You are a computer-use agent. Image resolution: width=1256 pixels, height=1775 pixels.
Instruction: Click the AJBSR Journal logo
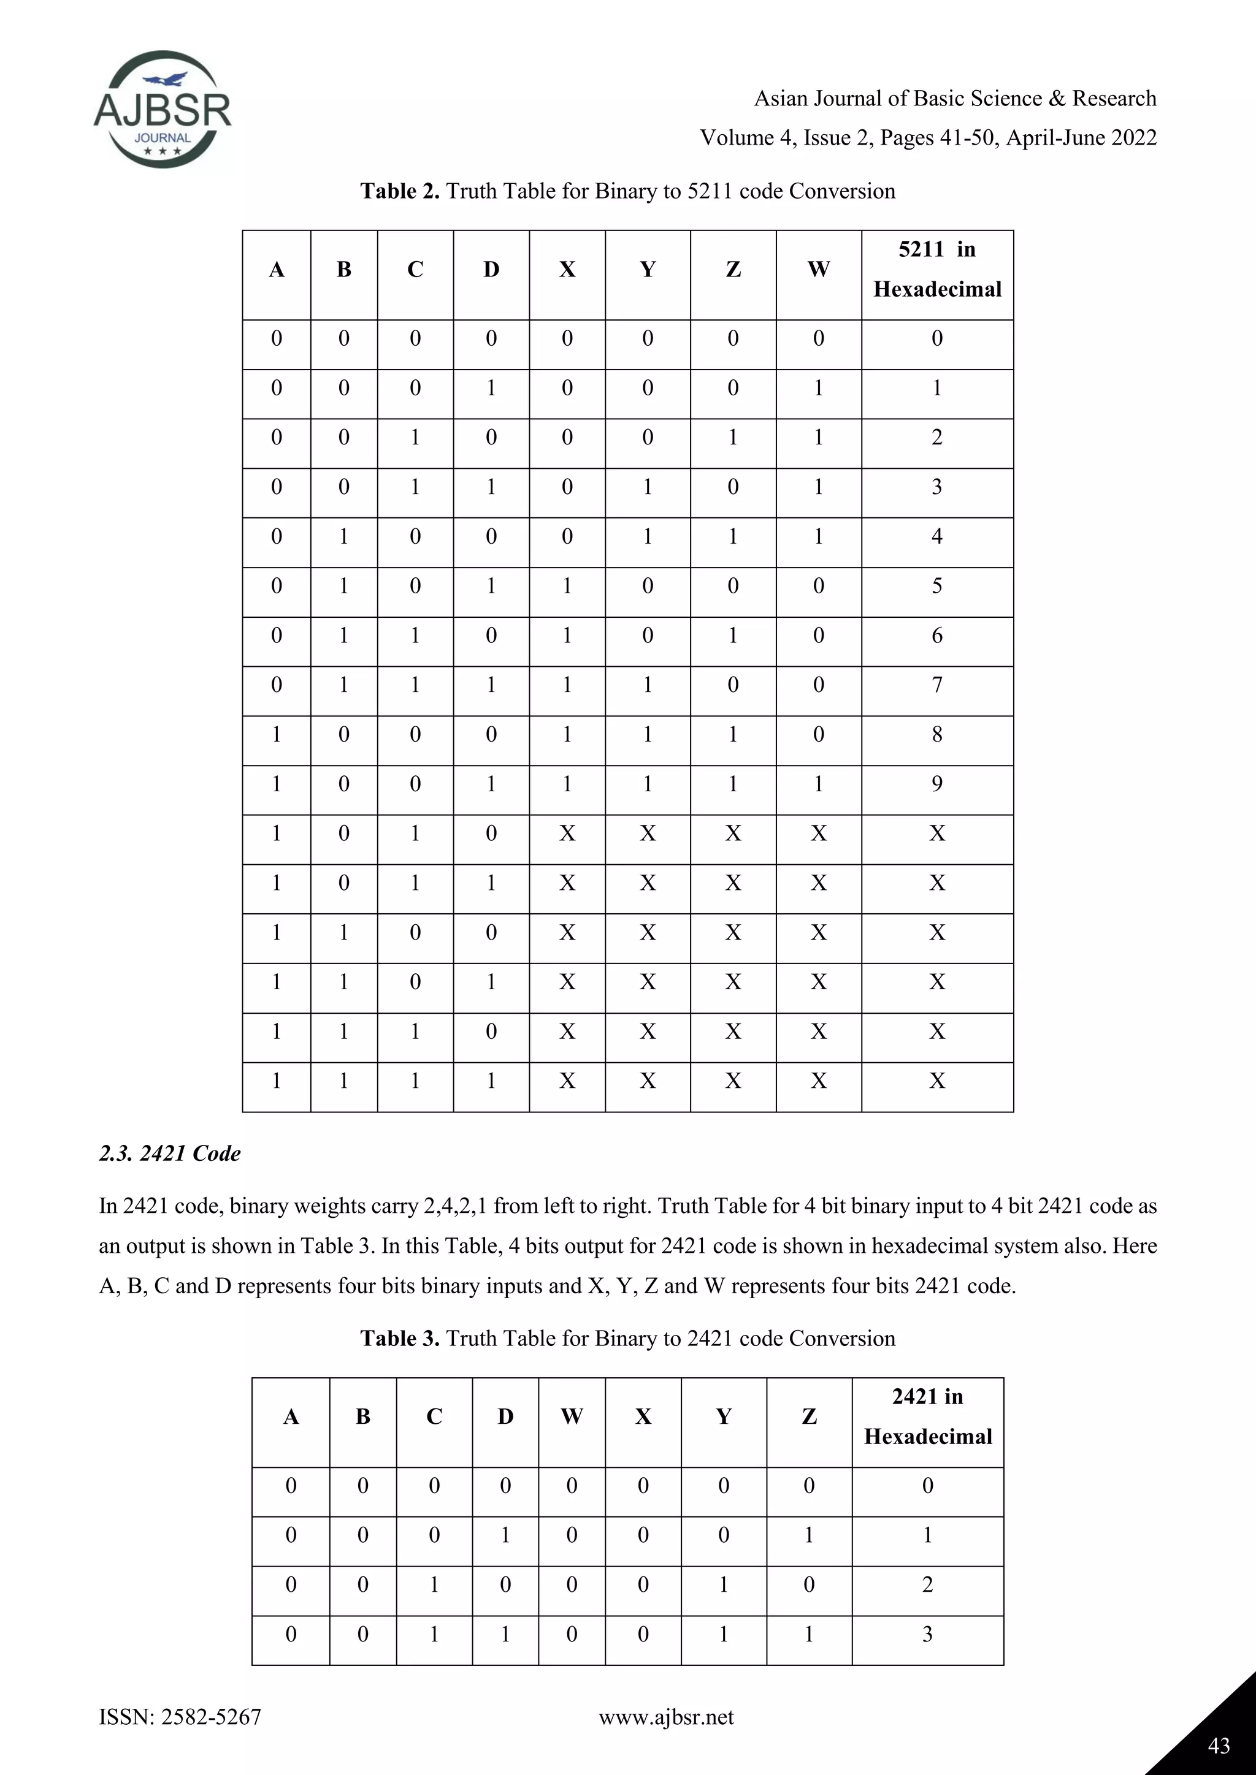tap(163, 110)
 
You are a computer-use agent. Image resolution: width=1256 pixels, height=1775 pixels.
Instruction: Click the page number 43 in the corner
tap(1218, 1745)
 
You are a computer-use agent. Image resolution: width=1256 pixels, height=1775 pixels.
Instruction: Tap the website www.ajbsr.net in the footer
tap(666, 1717)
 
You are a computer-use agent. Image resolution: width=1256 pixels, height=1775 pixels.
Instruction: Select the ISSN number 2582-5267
tap(210, 1717)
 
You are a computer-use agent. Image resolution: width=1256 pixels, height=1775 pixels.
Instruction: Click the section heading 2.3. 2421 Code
tap(169, 1154)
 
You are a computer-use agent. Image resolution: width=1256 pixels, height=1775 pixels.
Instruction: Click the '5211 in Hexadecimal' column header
tap(936, 269)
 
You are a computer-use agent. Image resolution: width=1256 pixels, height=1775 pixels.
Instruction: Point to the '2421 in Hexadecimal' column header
tap(927, 1416)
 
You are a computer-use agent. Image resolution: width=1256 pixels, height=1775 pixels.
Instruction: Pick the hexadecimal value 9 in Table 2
tap(936, 784)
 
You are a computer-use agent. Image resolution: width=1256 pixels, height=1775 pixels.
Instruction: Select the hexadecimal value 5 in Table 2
tap(936, 586)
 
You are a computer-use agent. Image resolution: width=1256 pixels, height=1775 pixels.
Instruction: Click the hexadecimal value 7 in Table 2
tap(936, 685)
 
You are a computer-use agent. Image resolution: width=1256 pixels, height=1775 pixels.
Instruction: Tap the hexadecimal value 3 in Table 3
tap(927, 1634)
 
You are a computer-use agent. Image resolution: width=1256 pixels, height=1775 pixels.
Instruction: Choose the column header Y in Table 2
tap(648, 269)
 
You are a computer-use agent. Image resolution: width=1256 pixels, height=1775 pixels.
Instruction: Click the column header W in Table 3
tap(572, 1416)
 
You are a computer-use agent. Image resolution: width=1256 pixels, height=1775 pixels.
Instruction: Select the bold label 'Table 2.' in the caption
tap(400, 191)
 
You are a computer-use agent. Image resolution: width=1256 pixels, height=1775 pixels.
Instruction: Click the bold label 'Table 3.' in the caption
tap(400, 1338)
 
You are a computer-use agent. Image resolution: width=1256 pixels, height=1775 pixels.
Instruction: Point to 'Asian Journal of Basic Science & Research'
tap(955, 98)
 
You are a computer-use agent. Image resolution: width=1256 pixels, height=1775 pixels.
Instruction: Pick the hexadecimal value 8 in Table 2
tap(936, 734)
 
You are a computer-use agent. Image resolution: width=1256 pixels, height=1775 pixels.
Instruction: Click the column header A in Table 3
tap(291, 1416)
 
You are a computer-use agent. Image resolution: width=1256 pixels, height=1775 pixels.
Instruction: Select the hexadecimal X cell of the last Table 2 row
tap(936, 1081)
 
